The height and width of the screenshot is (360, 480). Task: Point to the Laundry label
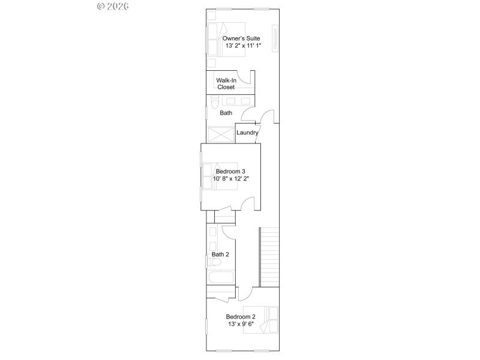click(x=247, y=133)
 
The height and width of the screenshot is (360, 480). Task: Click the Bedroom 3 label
click(x=231, y=171)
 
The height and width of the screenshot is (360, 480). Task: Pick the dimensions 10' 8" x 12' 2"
click(x=231, y=178)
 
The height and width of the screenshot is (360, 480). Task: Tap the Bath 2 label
click(x=220, y=254)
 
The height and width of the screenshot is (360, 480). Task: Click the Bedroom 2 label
click(x=241, y=317)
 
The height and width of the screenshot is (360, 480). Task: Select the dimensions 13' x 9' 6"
click(x=241, y=324)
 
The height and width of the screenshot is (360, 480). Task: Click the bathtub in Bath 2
click(x=220, y=278)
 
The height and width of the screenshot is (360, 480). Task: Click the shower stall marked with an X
click(x=220, y=134)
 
